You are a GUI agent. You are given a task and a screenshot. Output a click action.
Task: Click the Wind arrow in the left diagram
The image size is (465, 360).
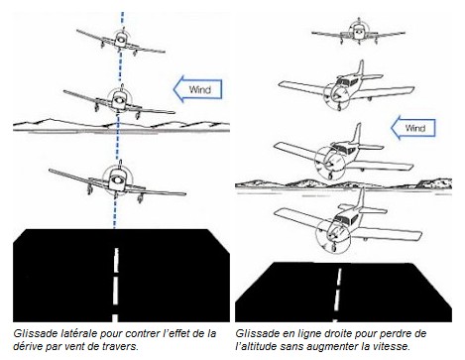tap(197, 89)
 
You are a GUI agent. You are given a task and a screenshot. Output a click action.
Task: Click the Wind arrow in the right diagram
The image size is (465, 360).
tap(413, 128)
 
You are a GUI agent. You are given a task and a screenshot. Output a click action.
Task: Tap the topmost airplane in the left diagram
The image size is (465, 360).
tap(121, 42)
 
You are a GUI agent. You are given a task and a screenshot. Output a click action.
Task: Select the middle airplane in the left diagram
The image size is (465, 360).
tap(119, 102)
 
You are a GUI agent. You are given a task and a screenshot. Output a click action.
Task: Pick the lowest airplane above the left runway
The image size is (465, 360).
tap(117, 181)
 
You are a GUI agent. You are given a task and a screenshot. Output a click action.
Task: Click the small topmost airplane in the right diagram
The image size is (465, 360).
tap(359, 32)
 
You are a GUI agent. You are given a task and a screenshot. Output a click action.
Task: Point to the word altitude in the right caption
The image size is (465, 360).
tap(257, 346)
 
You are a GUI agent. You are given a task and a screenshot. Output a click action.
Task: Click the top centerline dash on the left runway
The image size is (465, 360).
tap(116, 260)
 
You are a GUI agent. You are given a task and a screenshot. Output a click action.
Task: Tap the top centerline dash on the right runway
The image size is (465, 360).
tap(339, 277)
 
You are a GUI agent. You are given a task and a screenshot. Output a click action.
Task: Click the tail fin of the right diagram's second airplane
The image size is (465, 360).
tap(361, 68)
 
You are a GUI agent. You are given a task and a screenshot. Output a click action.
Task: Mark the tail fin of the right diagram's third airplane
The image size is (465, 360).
tap(357, 134)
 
